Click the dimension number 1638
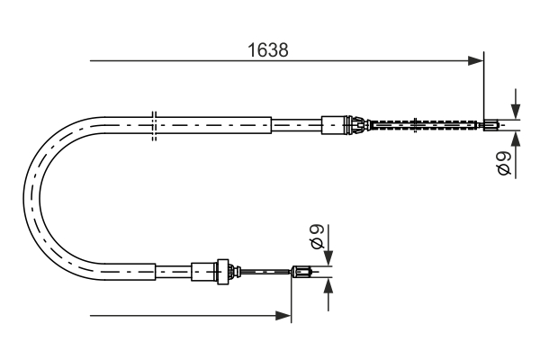point(268,50)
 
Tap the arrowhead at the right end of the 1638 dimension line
point(477,61)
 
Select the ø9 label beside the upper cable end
point(504,163)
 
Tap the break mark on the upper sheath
point(155,125)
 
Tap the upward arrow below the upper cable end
point(514,139)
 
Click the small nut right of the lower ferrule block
point(228,269)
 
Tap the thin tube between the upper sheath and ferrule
point(296,125)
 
